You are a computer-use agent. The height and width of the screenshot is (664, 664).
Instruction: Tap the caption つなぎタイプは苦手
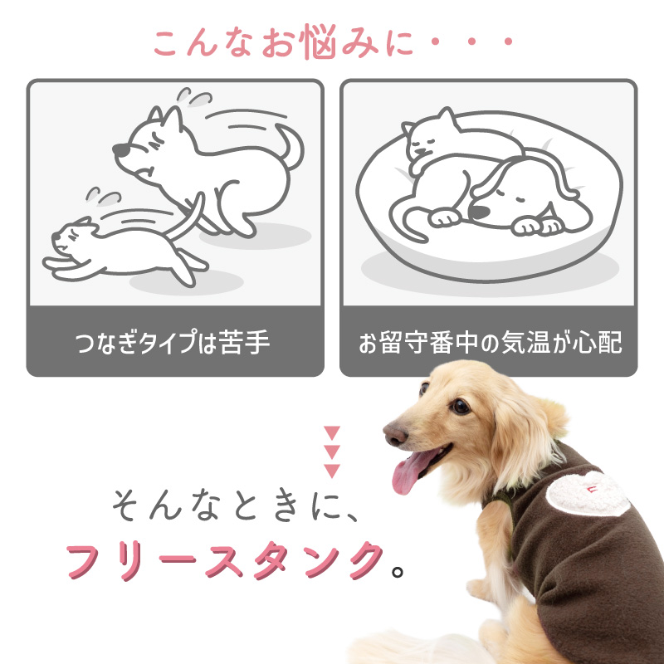[x=173, y=343]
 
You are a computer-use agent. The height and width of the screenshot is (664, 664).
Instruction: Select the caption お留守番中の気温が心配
[x=489, y=343]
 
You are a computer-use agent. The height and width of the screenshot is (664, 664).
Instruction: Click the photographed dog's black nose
[x=393, y=435]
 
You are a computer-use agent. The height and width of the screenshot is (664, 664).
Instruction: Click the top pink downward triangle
[x=332, y=433]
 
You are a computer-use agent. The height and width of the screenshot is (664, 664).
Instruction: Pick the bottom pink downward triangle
[x=332, y=471]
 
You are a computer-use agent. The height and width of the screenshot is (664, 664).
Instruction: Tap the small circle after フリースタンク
[x=398, y=572]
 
